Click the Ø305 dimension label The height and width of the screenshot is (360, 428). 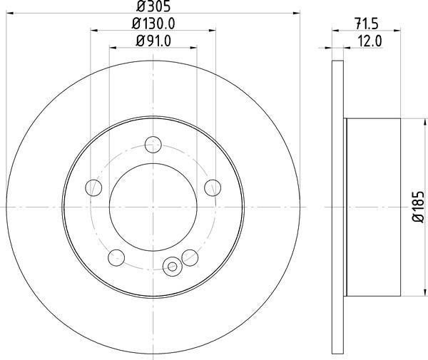coord(153,6)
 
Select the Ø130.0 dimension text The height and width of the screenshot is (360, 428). coord(153,24)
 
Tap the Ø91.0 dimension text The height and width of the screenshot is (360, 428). coord(153,41)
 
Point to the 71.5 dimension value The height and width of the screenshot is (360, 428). coord(367,24)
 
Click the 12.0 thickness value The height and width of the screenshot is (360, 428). coord(370,41)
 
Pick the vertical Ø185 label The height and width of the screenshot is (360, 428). coord(419,207)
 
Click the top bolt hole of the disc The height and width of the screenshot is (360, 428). coord(153,145)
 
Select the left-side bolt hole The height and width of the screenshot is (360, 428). coord(93,187)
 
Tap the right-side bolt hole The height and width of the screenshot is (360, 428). coord(213,187)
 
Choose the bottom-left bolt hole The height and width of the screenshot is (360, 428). coord(116,257)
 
